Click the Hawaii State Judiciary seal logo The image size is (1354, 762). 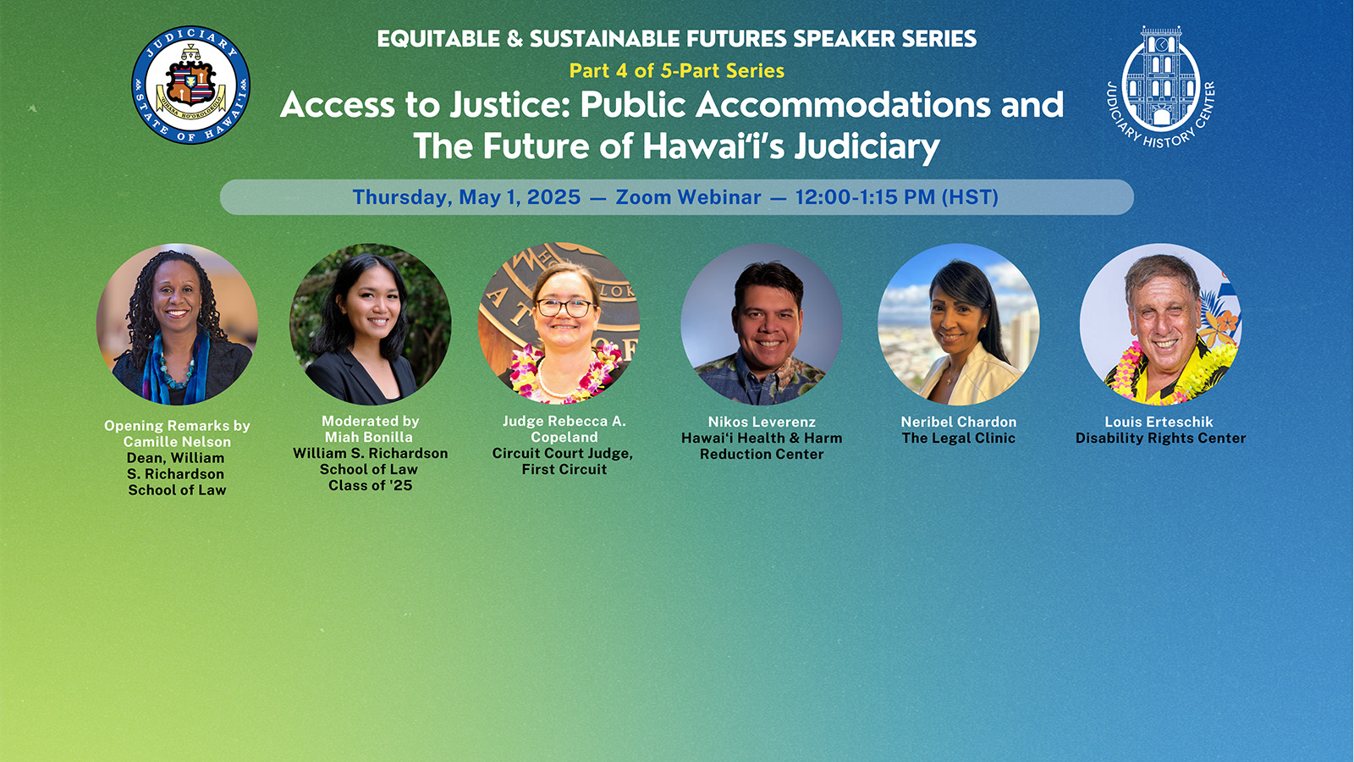190,85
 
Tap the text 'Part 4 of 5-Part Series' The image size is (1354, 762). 676,71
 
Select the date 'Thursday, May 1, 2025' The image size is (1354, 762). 466,197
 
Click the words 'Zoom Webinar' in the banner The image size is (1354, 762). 688,197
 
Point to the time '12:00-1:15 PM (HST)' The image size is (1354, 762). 896,197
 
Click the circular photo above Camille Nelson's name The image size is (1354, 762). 177,324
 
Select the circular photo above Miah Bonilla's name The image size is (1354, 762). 370,324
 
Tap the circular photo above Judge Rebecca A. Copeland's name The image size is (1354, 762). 559,324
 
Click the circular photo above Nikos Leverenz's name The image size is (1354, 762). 762,324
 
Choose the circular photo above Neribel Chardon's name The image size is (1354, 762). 958,324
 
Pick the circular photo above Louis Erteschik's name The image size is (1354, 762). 1160,324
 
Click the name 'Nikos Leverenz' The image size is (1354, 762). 762,422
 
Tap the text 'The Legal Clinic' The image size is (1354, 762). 958,438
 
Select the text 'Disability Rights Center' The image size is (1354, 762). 1160,438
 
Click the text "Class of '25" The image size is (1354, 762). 370,485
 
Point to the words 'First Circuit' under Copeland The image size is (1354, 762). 564,469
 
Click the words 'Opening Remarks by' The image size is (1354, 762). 177,426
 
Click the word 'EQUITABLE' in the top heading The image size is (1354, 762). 438,39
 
